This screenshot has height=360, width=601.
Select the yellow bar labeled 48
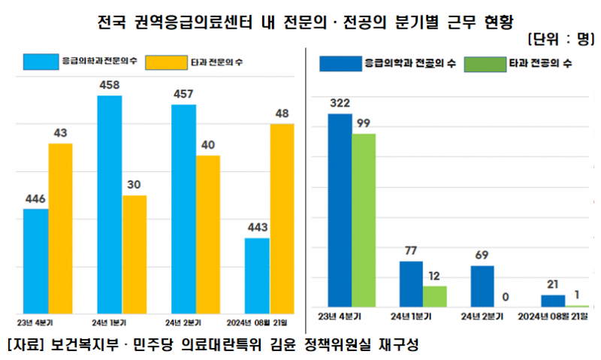pyautogui.click(x=282, y=218)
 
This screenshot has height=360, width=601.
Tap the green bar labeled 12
pyautogui.click(x=435, y=296)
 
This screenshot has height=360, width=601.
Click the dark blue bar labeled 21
pyautogui.click(x=553, y=301)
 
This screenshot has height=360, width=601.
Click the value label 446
pyautogui.click(x=35, y=198)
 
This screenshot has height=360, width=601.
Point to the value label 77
pyautogui.click(x=410, y=250)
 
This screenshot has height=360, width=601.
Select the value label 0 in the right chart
pyautogui.click(x=506, y=297)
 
